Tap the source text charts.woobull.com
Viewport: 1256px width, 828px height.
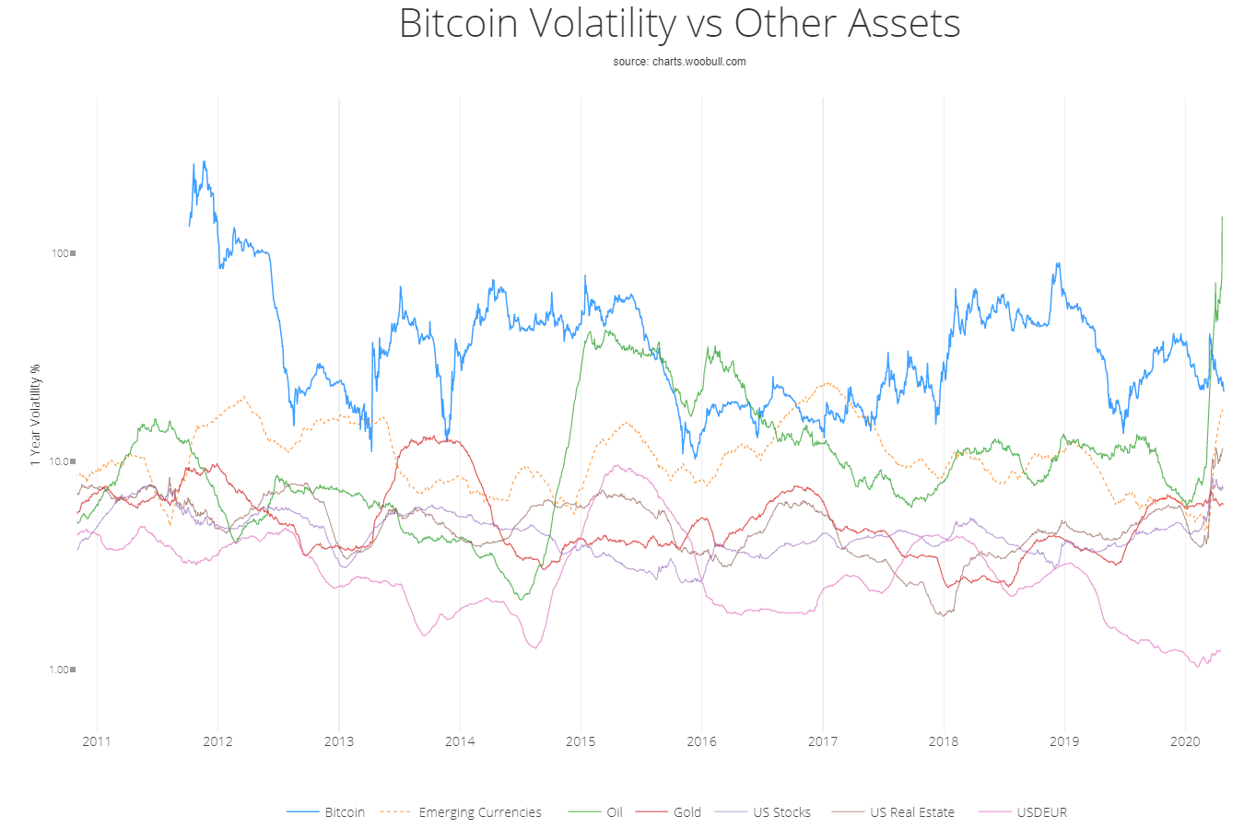pos(679,62)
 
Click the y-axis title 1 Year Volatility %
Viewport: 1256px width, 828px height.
pos(35,414)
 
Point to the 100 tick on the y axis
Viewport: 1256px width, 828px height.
pos(61,253)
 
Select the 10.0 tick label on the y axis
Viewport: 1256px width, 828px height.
pos(59,461)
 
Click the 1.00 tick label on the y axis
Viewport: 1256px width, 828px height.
pos(59,670)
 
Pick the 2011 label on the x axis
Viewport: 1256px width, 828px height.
pos(96,741)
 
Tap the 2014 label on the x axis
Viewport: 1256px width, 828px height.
pos(460,741)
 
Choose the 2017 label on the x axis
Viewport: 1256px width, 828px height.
pos(823,741)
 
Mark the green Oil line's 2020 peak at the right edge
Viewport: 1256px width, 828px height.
pos(1222,217)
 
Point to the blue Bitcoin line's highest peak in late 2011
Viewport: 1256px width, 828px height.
pos(204,162)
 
